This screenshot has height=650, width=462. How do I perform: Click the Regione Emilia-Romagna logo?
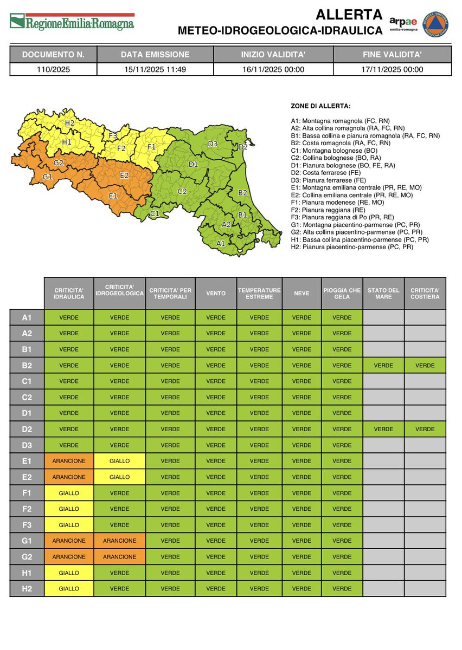coord(72,22)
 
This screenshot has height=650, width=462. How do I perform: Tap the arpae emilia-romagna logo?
coord(403,24)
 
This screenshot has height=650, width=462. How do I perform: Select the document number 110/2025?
coord(53,69)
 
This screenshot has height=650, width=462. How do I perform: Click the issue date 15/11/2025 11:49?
coord(155,69)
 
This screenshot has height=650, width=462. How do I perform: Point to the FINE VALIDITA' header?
coord(392,55)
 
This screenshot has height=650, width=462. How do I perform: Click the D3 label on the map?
coord(213,144)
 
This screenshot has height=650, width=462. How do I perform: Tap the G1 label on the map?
coord(48,177)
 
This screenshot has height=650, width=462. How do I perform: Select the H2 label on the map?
coord(69,123)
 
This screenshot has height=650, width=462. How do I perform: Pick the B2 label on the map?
coord(242,192)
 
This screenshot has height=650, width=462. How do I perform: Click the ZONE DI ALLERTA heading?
coord(320,106)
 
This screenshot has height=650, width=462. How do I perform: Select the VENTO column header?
coord(216,293)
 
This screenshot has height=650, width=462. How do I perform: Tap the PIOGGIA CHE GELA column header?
coord(342,293)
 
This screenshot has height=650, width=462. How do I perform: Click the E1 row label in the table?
coord(27,461)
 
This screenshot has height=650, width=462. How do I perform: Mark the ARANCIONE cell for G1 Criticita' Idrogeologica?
coord(119,541)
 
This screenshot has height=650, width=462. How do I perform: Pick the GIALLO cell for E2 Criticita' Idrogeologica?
coord(119,477)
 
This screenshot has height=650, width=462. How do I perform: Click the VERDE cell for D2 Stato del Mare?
coord(383,429)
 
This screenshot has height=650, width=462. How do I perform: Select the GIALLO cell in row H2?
coord(69,588)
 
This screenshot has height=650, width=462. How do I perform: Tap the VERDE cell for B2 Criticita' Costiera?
coord(425,365)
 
